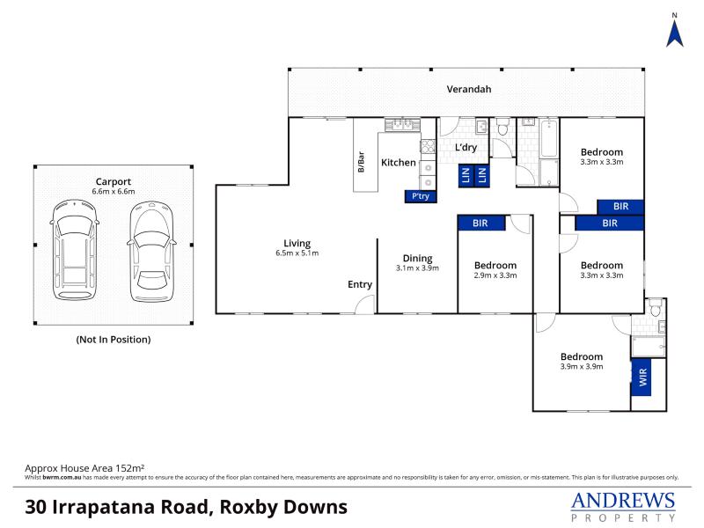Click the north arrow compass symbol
[x=674, y=30]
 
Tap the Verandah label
[x=469, y=89]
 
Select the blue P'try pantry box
[x=421, y=196]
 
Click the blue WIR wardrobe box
[x=642, y=378]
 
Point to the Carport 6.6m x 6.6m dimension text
[x=114, y=191]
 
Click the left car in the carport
[x=75, y=250]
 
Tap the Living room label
[x=297, y=244]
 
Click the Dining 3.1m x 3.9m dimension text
[x=417, y=268]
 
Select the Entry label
[x=360, y=284]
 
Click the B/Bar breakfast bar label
[x=361, y=162]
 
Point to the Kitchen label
[x=399, y=163]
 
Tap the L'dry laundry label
[x=466, y=147]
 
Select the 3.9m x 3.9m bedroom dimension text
[x=582, y=366]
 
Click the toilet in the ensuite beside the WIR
[x=656, y=307]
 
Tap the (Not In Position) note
[x=114, y=340]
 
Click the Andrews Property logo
[x=623, y=506]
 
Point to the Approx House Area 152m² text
[x=84, y=468]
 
